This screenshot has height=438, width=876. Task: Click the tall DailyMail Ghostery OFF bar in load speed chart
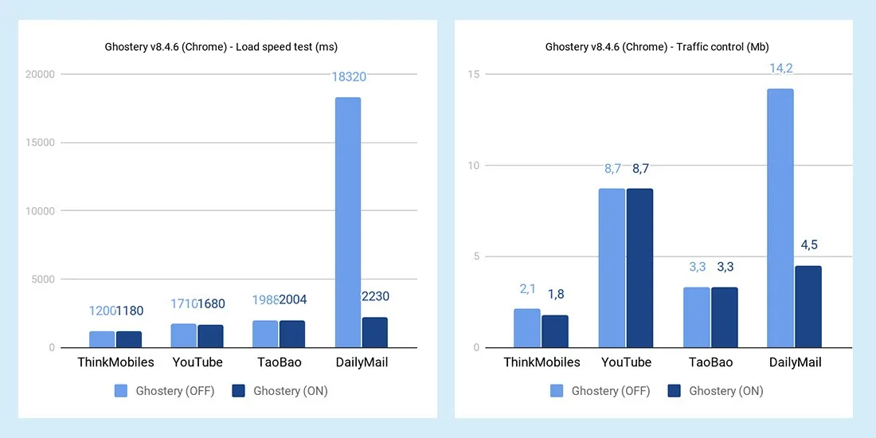(347, 222)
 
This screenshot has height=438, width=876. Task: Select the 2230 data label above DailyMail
(374, 296)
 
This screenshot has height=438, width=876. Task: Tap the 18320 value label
(347, 76)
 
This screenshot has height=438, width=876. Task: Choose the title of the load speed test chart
(221, 47)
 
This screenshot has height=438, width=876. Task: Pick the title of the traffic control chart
(657, 47)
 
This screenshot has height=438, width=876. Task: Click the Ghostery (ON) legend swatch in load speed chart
(238, 391)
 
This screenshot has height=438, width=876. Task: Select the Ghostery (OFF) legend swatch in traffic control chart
(557, 391)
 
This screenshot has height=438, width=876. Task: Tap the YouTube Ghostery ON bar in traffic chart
(639, 268)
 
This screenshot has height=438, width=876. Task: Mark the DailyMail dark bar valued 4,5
(808, 307)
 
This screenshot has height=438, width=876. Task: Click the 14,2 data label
(780, 68)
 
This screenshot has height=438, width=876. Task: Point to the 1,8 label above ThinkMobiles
(554, 295)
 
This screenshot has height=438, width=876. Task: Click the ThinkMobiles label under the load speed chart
(115, 362)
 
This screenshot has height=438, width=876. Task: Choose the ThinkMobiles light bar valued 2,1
(526, 328)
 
